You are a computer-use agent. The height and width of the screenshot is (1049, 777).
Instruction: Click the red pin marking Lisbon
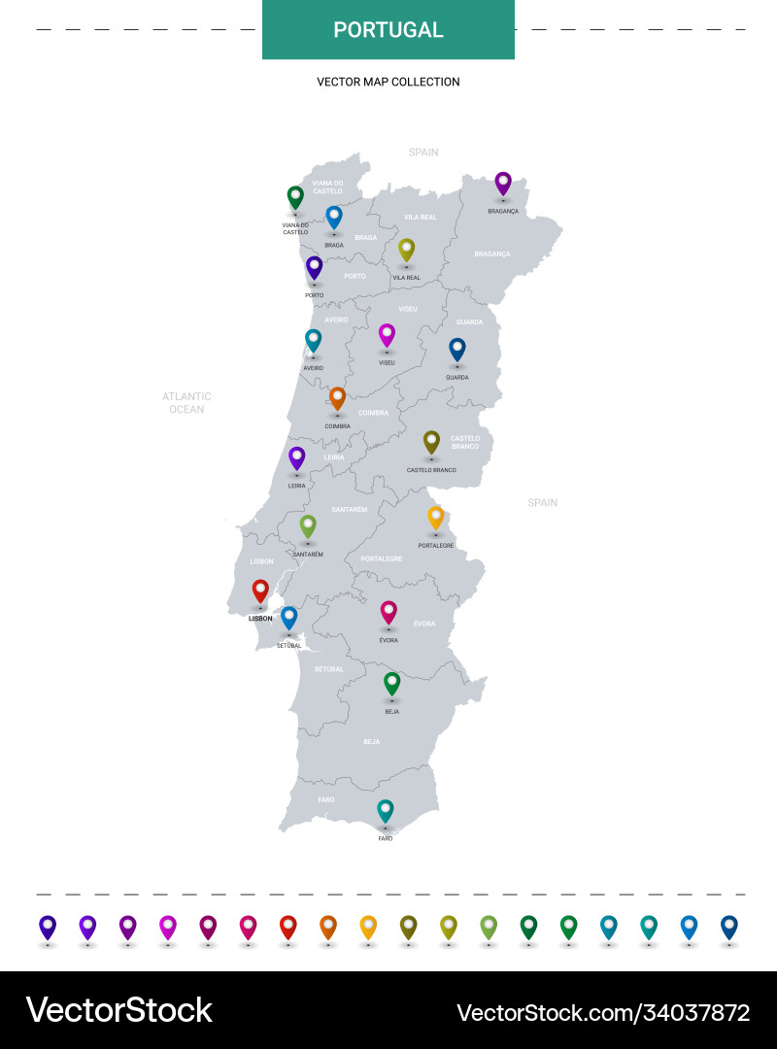click(x=260, y=591)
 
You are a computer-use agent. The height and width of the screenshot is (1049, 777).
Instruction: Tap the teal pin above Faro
click(x=386, y=810)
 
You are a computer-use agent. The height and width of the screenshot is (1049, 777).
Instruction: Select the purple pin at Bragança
click(x=503, y=183)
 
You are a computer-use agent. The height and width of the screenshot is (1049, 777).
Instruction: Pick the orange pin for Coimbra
click(x=337, y=397)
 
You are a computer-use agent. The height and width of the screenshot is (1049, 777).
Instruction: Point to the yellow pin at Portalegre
click(x=436, y=517)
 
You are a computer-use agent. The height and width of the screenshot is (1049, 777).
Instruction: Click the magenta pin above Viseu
click(x=387, y=335)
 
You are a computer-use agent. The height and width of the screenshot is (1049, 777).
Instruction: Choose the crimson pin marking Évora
click(x=388, y=612)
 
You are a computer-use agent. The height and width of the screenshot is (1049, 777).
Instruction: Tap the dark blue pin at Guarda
click(x=457, y=349)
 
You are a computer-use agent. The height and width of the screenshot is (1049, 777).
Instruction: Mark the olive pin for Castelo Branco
click(x=432, y=442)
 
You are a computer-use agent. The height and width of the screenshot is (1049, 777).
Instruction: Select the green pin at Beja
click(x=392, y=683)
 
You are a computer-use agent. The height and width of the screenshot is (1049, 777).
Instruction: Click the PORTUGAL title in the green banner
click(x=388, y=30)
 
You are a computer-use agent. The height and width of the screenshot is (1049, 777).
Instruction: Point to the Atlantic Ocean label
click(x=186, y=403)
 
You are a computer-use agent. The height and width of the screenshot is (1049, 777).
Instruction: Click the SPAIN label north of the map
click(x=423, y=152)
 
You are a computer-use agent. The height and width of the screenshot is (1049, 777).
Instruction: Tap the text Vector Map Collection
click(x=388, y=82)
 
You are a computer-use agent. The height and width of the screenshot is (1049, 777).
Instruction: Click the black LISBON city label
click(x=260, y=619)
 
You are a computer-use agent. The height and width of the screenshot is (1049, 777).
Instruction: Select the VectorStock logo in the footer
click(x=119, y=1010)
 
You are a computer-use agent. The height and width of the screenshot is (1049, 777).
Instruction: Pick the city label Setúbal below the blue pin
click(x=289, y=646)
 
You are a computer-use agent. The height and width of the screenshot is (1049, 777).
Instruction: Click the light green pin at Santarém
click(x=308, y=525)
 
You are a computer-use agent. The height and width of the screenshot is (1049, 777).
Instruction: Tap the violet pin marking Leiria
click(x=297, y=457)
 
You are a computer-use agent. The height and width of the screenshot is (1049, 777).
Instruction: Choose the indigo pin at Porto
click(x=314, y=267)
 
